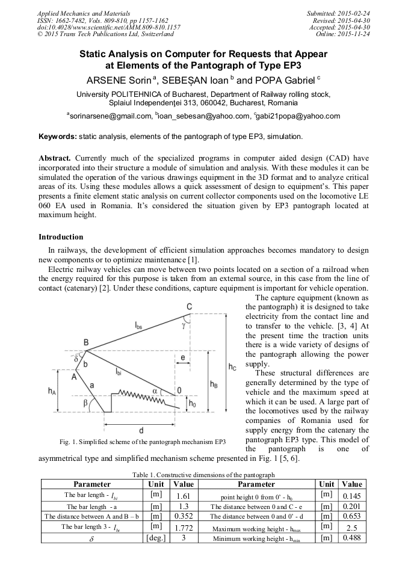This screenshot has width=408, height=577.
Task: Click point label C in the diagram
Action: (189, 307)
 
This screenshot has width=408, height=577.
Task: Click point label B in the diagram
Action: (86, 342)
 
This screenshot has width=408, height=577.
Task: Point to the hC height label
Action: (233, 366)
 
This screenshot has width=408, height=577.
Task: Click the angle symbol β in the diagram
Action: (86, 401)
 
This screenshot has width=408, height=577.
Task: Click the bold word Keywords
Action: (57, 137)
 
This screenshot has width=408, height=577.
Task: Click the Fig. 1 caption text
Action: (143, 443)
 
